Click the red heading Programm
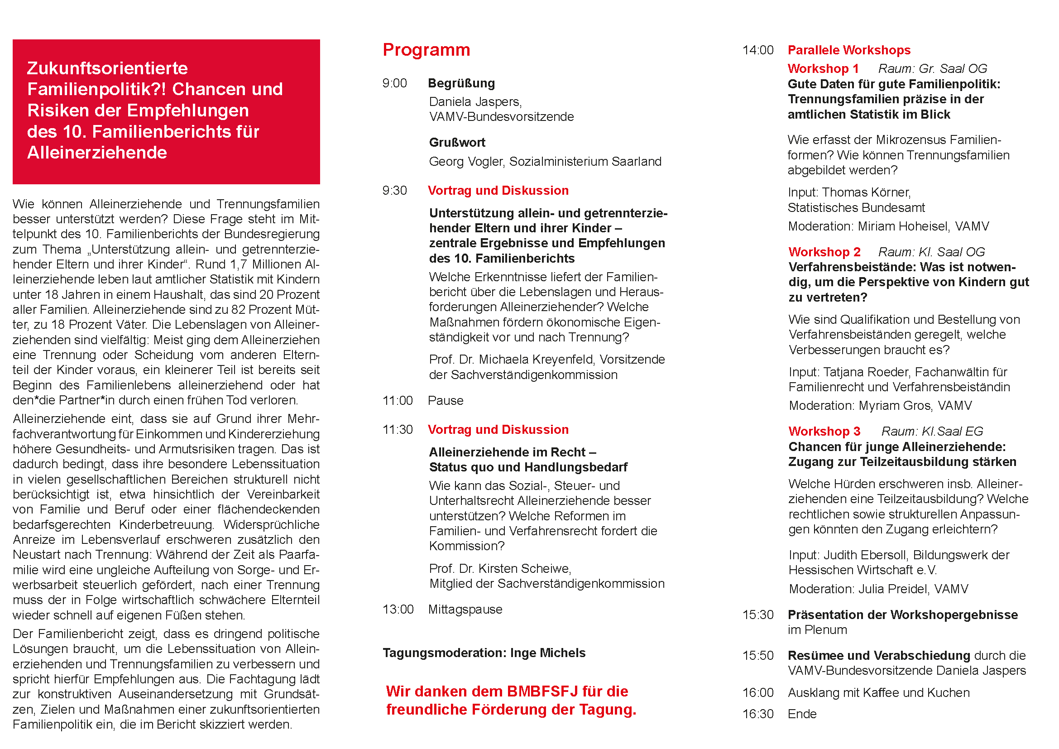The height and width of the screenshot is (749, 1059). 426,50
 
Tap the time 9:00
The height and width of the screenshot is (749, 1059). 394,83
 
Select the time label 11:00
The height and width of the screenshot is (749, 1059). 397,400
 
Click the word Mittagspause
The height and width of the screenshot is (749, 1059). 465,609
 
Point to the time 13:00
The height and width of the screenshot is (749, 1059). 398,609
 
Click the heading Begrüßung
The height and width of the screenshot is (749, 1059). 461,83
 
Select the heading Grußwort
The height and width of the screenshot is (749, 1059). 457,143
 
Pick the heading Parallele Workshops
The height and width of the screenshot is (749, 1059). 848,50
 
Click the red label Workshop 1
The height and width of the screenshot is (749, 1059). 823,69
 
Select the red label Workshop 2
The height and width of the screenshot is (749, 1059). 824,252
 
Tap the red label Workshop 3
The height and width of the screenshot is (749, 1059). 824,431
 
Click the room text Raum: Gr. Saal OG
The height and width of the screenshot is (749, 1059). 932,69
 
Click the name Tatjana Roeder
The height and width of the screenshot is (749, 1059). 866,372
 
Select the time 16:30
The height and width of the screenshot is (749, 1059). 758,714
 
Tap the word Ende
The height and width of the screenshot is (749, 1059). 802,714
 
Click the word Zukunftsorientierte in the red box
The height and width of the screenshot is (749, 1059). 107,68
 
